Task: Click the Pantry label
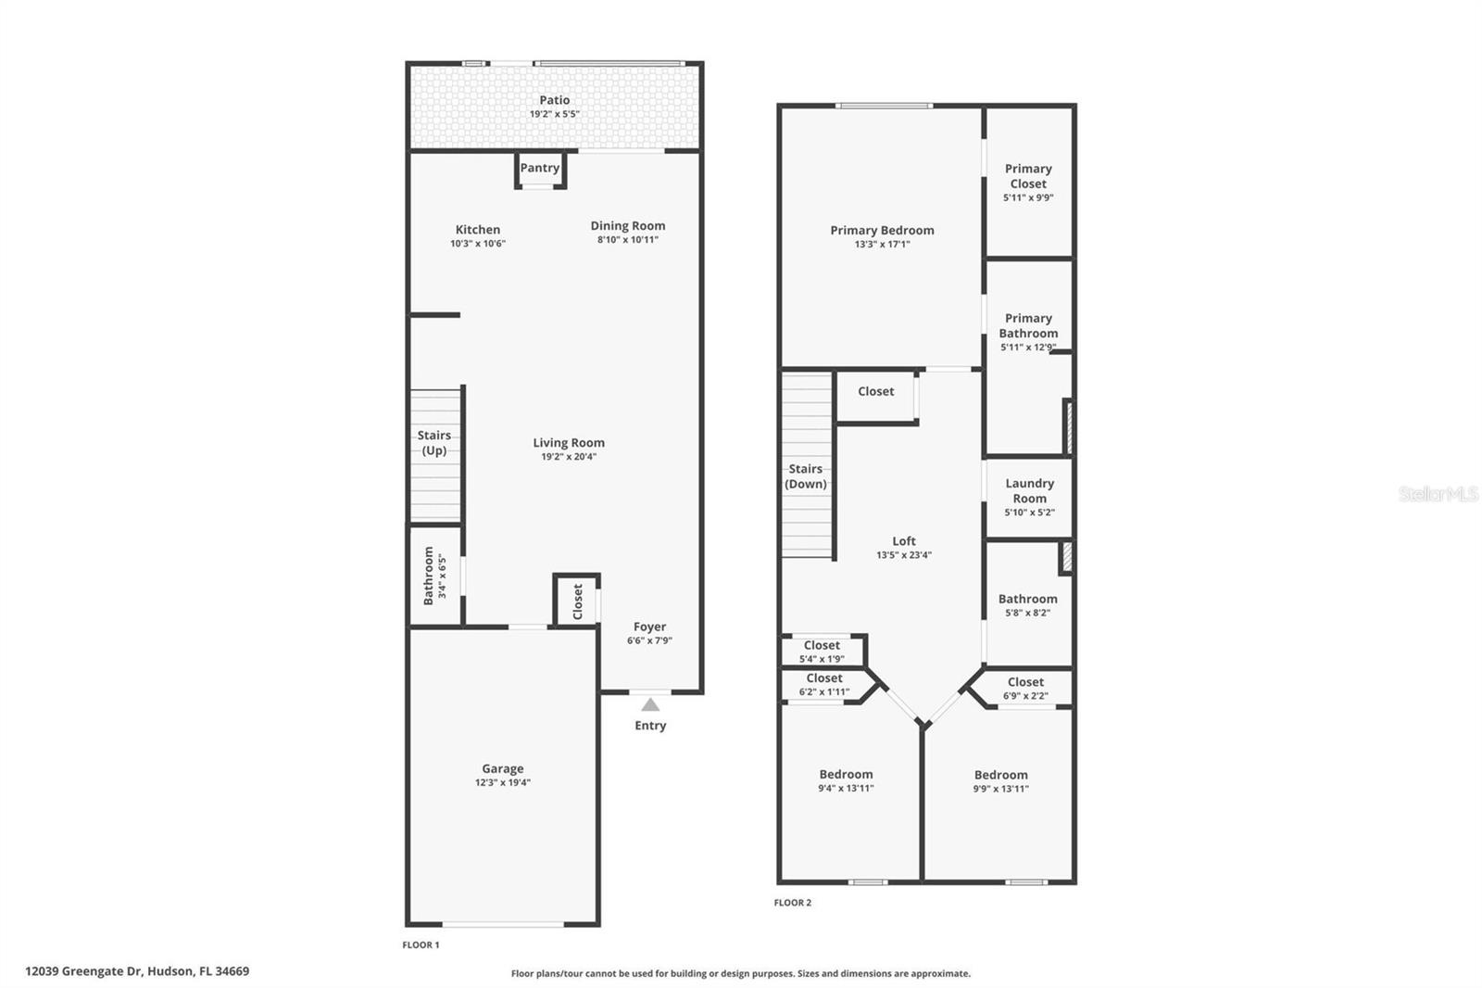coord(539,168)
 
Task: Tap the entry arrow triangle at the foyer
coord(650,705)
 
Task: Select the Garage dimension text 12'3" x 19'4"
coord(503,782)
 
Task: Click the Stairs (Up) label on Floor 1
coord(434,443)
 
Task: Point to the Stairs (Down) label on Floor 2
coord(806,476)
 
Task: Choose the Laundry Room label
coord(1029,490)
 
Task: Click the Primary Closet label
coord(1028,176)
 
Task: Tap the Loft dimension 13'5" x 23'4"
coord(904,555)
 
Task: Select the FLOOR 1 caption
coord(421,944)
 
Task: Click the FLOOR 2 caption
coord(793,902)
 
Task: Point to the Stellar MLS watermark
coord(1438,494)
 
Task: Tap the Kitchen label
coord(478,230)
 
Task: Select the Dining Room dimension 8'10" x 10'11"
coord(628,239)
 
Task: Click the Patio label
coord(555,100)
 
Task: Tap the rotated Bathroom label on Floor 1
coord(429,576)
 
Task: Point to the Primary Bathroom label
coord(1028,325)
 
